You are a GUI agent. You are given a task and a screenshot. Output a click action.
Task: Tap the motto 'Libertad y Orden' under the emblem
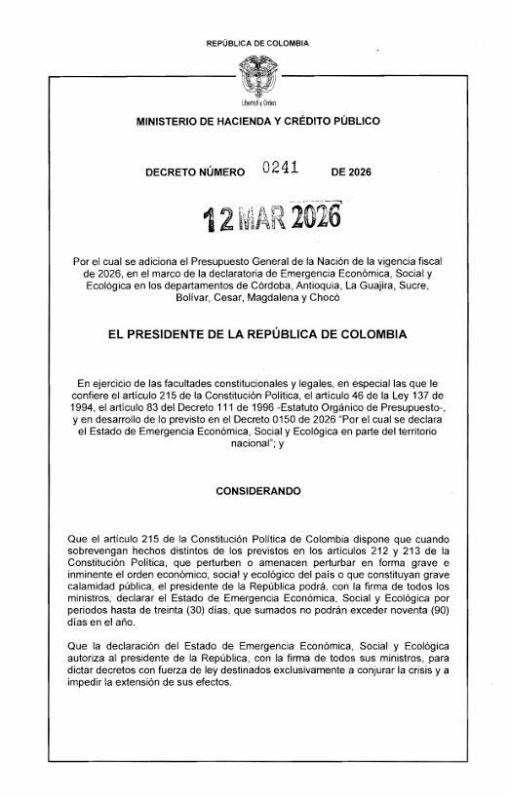[257, 102]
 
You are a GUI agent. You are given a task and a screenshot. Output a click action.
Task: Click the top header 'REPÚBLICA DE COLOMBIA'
[257, 44]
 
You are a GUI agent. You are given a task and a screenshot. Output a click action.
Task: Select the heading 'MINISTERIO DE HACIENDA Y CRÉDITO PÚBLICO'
[257, 122]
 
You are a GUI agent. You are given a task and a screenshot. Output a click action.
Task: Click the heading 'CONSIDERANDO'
[257, 491]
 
